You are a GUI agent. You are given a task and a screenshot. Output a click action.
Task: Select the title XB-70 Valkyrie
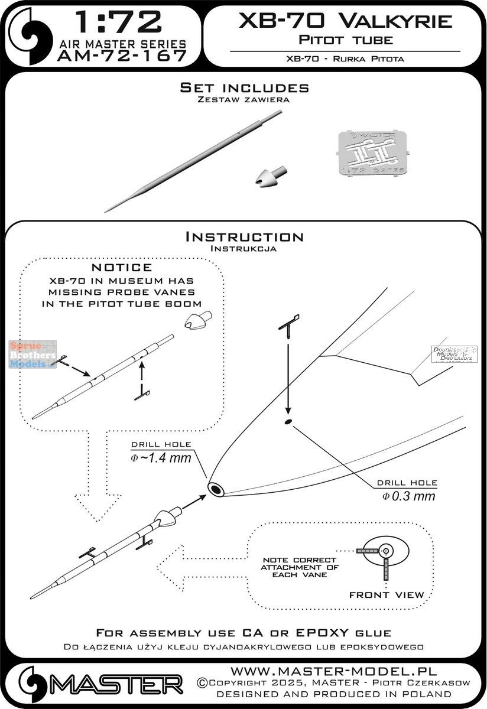(x=346, y=22)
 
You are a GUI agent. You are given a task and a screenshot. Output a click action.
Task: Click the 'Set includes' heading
(x=244, y=88)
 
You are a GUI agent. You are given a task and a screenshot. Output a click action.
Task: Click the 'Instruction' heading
(x=244, y=237)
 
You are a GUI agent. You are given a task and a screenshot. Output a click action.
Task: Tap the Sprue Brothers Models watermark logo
(x=33, y=354)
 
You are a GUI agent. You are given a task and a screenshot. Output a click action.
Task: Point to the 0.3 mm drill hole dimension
(x=408, y=496)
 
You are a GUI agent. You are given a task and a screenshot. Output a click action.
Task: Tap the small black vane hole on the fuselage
(x=287, y=421)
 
